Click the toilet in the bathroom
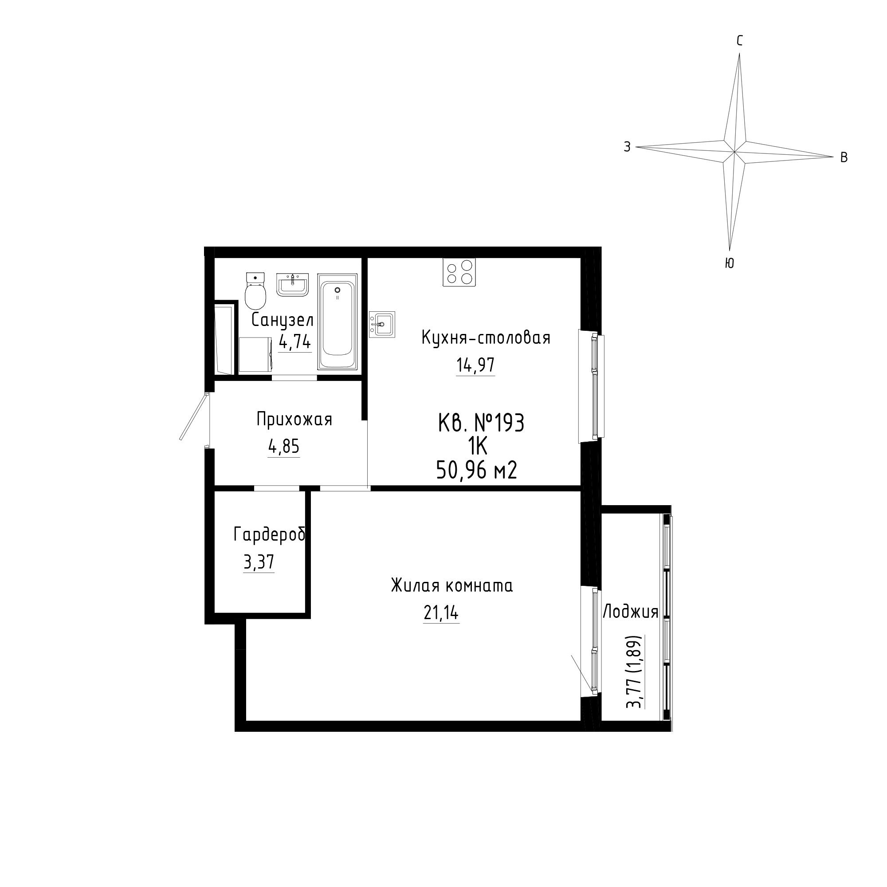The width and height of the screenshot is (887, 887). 256,290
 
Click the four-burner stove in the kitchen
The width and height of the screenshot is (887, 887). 459,272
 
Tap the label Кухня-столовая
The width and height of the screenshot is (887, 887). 486,338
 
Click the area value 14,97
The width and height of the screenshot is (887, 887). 475,365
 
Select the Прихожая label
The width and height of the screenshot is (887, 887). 294,419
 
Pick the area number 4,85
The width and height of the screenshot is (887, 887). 284,447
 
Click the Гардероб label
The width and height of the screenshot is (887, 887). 270,534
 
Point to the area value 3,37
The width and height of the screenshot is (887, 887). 259,562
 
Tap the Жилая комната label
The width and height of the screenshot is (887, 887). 452,586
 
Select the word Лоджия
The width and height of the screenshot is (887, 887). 630,612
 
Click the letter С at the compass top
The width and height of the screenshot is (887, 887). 740,41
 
